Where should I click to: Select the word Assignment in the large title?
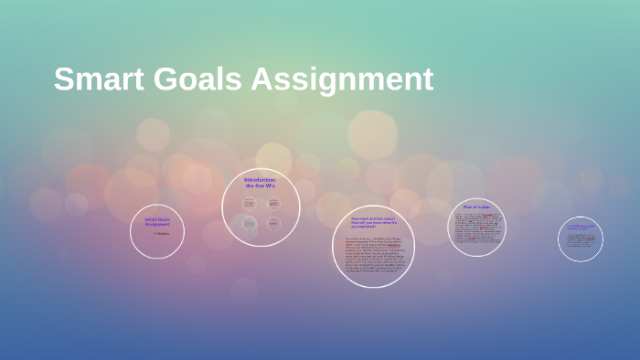point(342,79)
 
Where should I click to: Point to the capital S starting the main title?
point(63,79)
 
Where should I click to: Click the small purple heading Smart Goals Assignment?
point(157,222)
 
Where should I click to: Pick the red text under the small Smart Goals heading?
point(162,233)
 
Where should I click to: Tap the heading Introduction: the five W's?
point(261,182)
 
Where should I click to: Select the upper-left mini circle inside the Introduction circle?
point(249,203)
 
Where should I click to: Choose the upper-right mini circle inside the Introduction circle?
point(273,203)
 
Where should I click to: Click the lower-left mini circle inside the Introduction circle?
point(249,223)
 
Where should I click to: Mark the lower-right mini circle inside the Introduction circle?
point(273,223)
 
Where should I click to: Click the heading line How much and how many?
point(373,218)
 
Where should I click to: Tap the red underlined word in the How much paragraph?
point(393,246)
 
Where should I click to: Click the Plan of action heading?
point(477,207)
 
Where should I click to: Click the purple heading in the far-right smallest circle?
point(581,227)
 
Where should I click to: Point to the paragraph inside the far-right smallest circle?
point(581,241)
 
